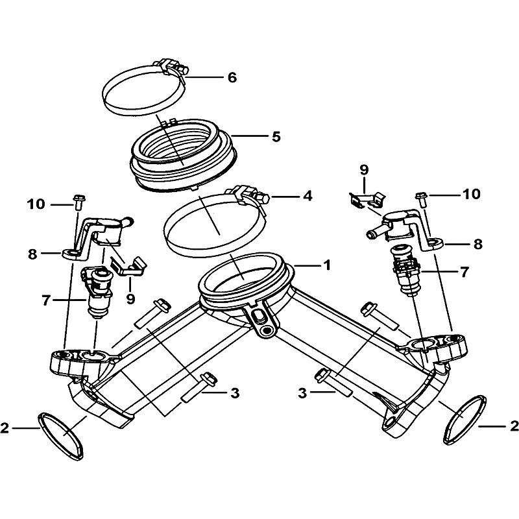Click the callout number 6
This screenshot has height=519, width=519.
(x=232, y=77)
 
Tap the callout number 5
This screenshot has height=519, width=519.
(x=276, y=136)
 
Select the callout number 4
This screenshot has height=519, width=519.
(x=308, y=196)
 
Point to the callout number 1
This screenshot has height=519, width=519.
(x=327, y=265)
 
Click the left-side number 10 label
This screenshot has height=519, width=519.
(x=36, y=204)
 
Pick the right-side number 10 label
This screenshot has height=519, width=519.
(x=472, y=194)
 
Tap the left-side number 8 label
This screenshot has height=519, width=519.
(x=32, y=254)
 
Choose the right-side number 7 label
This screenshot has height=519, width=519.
(x=465, y=272)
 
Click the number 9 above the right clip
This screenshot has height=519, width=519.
(x=364, y=170)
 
